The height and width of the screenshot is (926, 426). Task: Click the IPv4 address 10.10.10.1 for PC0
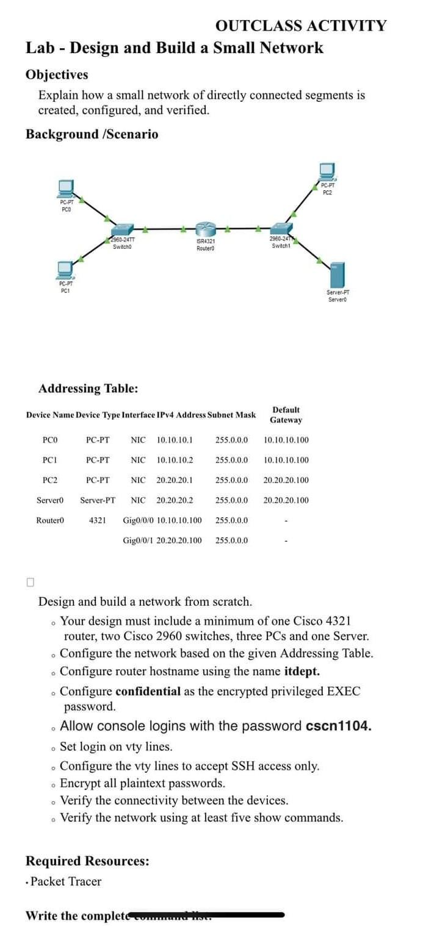(175, 439)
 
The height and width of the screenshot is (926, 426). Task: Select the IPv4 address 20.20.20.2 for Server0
(175, 500)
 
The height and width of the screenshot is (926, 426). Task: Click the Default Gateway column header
(286, 415)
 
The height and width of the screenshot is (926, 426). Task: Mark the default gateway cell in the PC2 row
(286, 480)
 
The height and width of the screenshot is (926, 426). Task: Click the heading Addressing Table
(88, 389)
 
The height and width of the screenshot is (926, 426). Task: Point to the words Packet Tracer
(66, 881)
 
